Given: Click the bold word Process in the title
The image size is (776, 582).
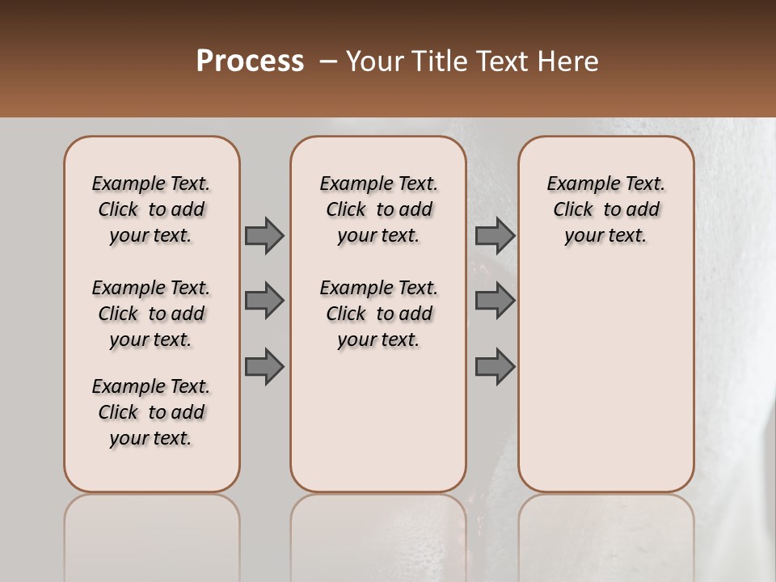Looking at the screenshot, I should click(x=250, y=61).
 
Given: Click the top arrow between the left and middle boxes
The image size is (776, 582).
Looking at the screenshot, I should click(x=264, y=235).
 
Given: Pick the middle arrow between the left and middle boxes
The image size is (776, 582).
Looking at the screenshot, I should click(x=264, y=301).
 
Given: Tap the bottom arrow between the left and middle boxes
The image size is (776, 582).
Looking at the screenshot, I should click(x=264, y=366).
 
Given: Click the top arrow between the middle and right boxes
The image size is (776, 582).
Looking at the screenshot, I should click(x=495, y=235).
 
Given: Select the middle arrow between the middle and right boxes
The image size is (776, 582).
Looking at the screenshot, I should click(x=495, y=301).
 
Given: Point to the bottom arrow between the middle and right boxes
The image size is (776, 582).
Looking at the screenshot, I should click(x=495, y=366).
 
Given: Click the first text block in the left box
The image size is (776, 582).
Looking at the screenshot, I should click(x=151, y=209).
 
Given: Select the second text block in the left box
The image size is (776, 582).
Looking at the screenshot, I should click(x=151, y=314).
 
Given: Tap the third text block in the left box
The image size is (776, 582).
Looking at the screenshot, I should click(x=151, y=412).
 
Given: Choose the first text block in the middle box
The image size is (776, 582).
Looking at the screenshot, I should click(x=378, y=209).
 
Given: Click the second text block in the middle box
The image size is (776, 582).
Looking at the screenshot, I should click(x=378, y=314).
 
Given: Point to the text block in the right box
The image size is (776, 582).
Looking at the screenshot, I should click(x=606, y=209).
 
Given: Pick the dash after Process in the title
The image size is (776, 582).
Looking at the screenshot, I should click(x=328, y=61).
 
